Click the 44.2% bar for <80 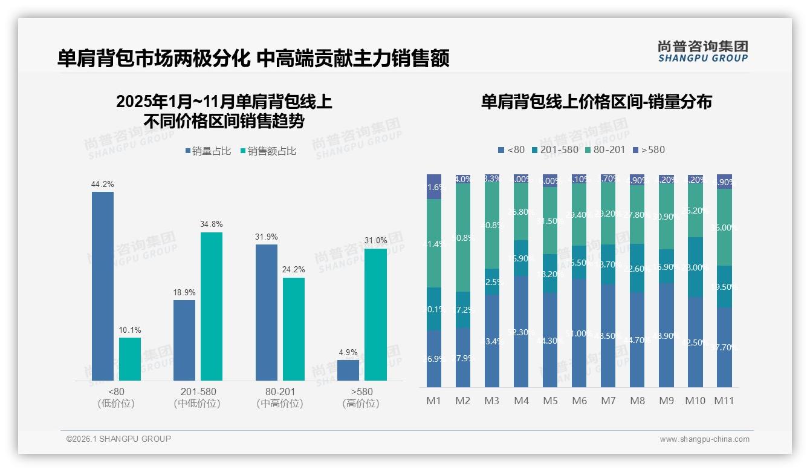(x=103, y=286)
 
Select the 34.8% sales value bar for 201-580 (x=212, y=306)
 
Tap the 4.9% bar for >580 (x=348, y=370)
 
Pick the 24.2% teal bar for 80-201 (x=294, y=329)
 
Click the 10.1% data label (x=130, y=330)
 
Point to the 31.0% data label (x=375, y=241)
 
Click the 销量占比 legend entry (x=208, y=151)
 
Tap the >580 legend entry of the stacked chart (x=649, y=149)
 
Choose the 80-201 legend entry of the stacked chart (x=604, y=149)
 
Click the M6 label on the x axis (x=579, y=401)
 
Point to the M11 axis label (x=724, y=401)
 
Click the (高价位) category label (x=361, y=404)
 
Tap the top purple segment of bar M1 (x=434, y=186)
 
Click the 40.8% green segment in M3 (x=492, y=225)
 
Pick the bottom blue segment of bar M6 (x=579, y=333)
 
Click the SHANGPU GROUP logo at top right (x=702, y=51)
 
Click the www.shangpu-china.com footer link (x=704, y=439)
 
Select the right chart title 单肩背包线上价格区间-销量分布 (x=596, y=102)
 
